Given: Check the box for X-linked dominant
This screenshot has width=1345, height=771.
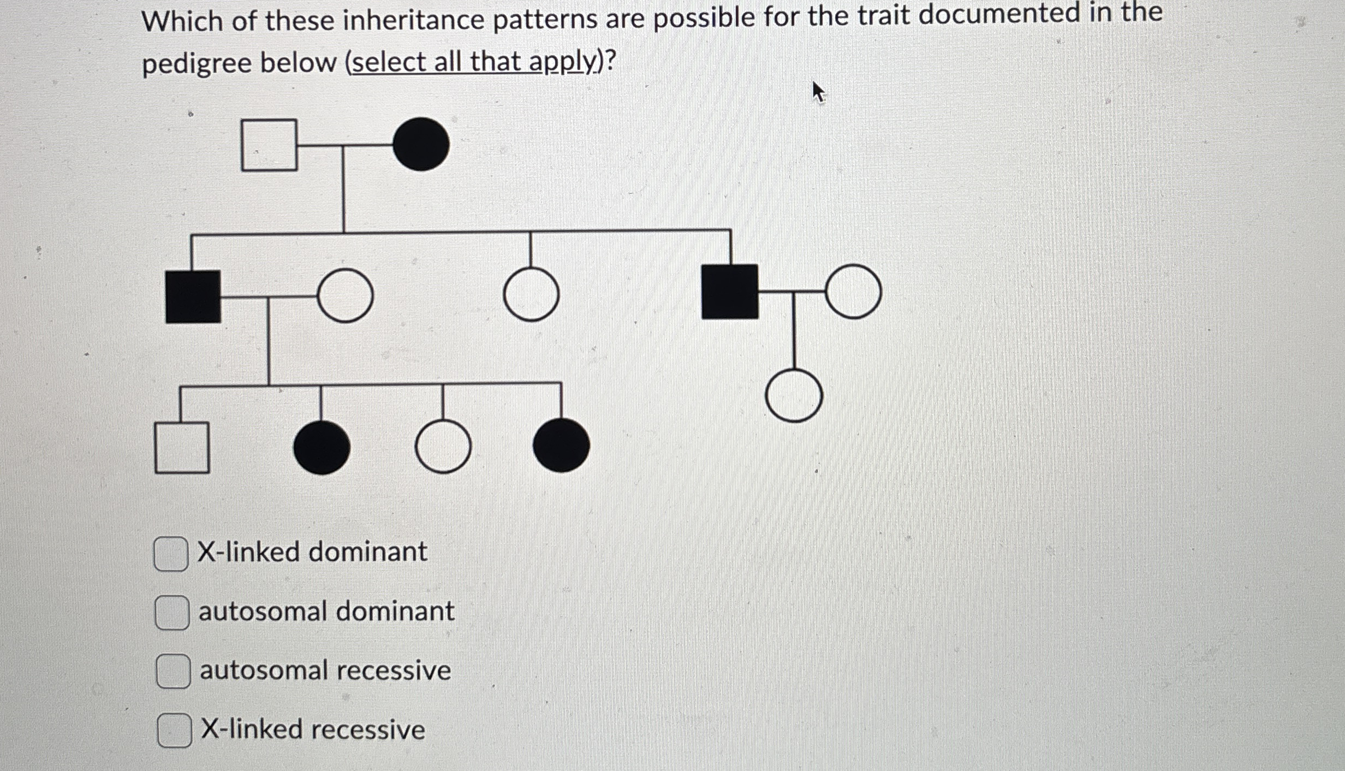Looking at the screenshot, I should click(x=171, y=554).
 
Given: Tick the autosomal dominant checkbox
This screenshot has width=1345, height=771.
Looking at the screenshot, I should click(x=172, y=613).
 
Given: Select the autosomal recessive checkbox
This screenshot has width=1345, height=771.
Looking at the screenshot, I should click(x=173, y=671).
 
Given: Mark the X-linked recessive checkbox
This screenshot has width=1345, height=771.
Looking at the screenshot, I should click(x=174, y=730).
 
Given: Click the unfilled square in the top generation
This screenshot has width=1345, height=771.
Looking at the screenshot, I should click(x=269, y=145).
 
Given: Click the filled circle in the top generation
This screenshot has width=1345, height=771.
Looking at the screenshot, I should click(x=421, y=145).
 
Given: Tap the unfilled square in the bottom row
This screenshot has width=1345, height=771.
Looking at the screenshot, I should click(x=182, y=448).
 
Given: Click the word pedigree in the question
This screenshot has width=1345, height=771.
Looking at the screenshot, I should click(x=198, y=63).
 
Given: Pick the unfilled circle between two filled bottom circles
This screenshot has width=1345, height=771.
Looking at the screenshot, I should click(x=443, y=447).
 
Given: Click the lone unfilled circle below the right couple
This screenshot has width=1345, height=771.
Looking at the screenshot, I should click(x=794, y=395).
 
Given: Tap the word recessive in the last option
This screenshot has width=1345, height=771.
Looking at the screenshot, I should click(x=370, y=730).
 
